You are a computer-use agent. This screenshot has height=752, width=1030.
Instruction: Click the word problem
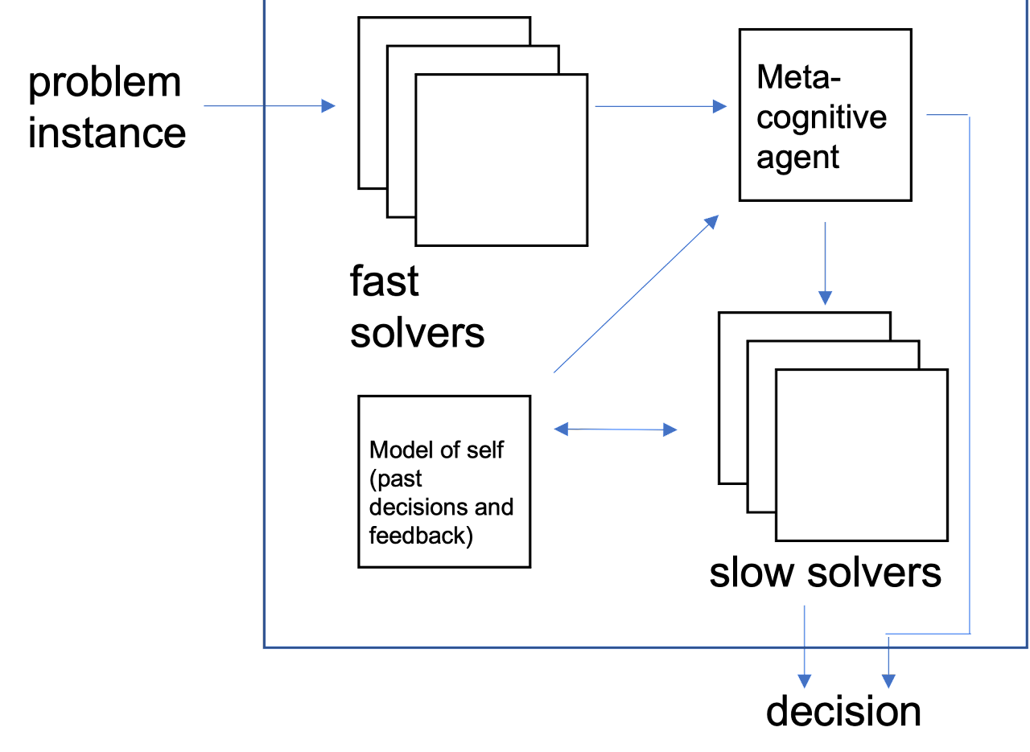[x=105, y=84]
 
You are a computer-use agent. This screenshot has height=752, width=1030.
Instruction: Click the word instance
[x=107, y=133]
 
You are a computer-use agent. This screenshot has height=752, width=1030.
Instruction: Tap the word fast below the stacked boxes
[x=385, y=281]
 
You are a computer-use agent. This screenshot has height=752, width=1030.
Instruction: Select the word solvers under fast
[x=417, y=333]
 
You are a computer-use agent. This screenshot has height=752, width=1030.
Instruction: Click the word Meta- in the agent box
[x=798, y=76]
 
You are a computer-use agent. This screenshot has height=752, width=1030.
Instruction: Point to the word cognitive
[x=822, y=117]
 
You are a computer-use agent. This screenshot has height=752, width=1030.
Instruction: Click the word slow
[x=752, y=573]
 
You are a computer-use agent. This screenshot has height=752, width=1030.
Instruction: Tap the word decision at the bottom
[x=843, y=712]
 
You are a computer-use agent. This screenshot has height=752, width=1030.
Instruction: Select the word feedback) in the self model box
[x=421, y=536]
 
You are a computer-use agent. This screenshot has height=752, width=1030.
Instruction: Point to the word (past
[x=395, y=479]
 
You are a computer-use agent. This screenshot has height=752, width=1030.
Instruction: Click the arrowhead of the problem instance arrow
[x=328, y=105]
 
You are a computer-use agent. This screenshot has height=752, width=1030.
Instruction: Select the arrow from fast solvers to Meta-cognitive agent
[x=661, y=107]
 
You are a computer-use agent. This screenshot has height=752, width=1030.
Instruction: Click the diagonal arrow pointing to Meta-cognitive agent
[x=636, y=294]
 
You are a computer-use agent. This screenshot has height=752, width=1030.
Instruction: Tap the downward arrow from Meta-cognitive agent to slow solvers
[x=825, y=263]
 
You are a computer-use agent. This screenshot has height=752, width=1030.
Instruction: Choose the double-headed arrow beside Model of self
[x=616, y=429]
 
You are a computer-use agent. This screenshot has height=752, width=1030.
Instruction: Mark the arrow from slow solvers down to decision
[x=804, y=647]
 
